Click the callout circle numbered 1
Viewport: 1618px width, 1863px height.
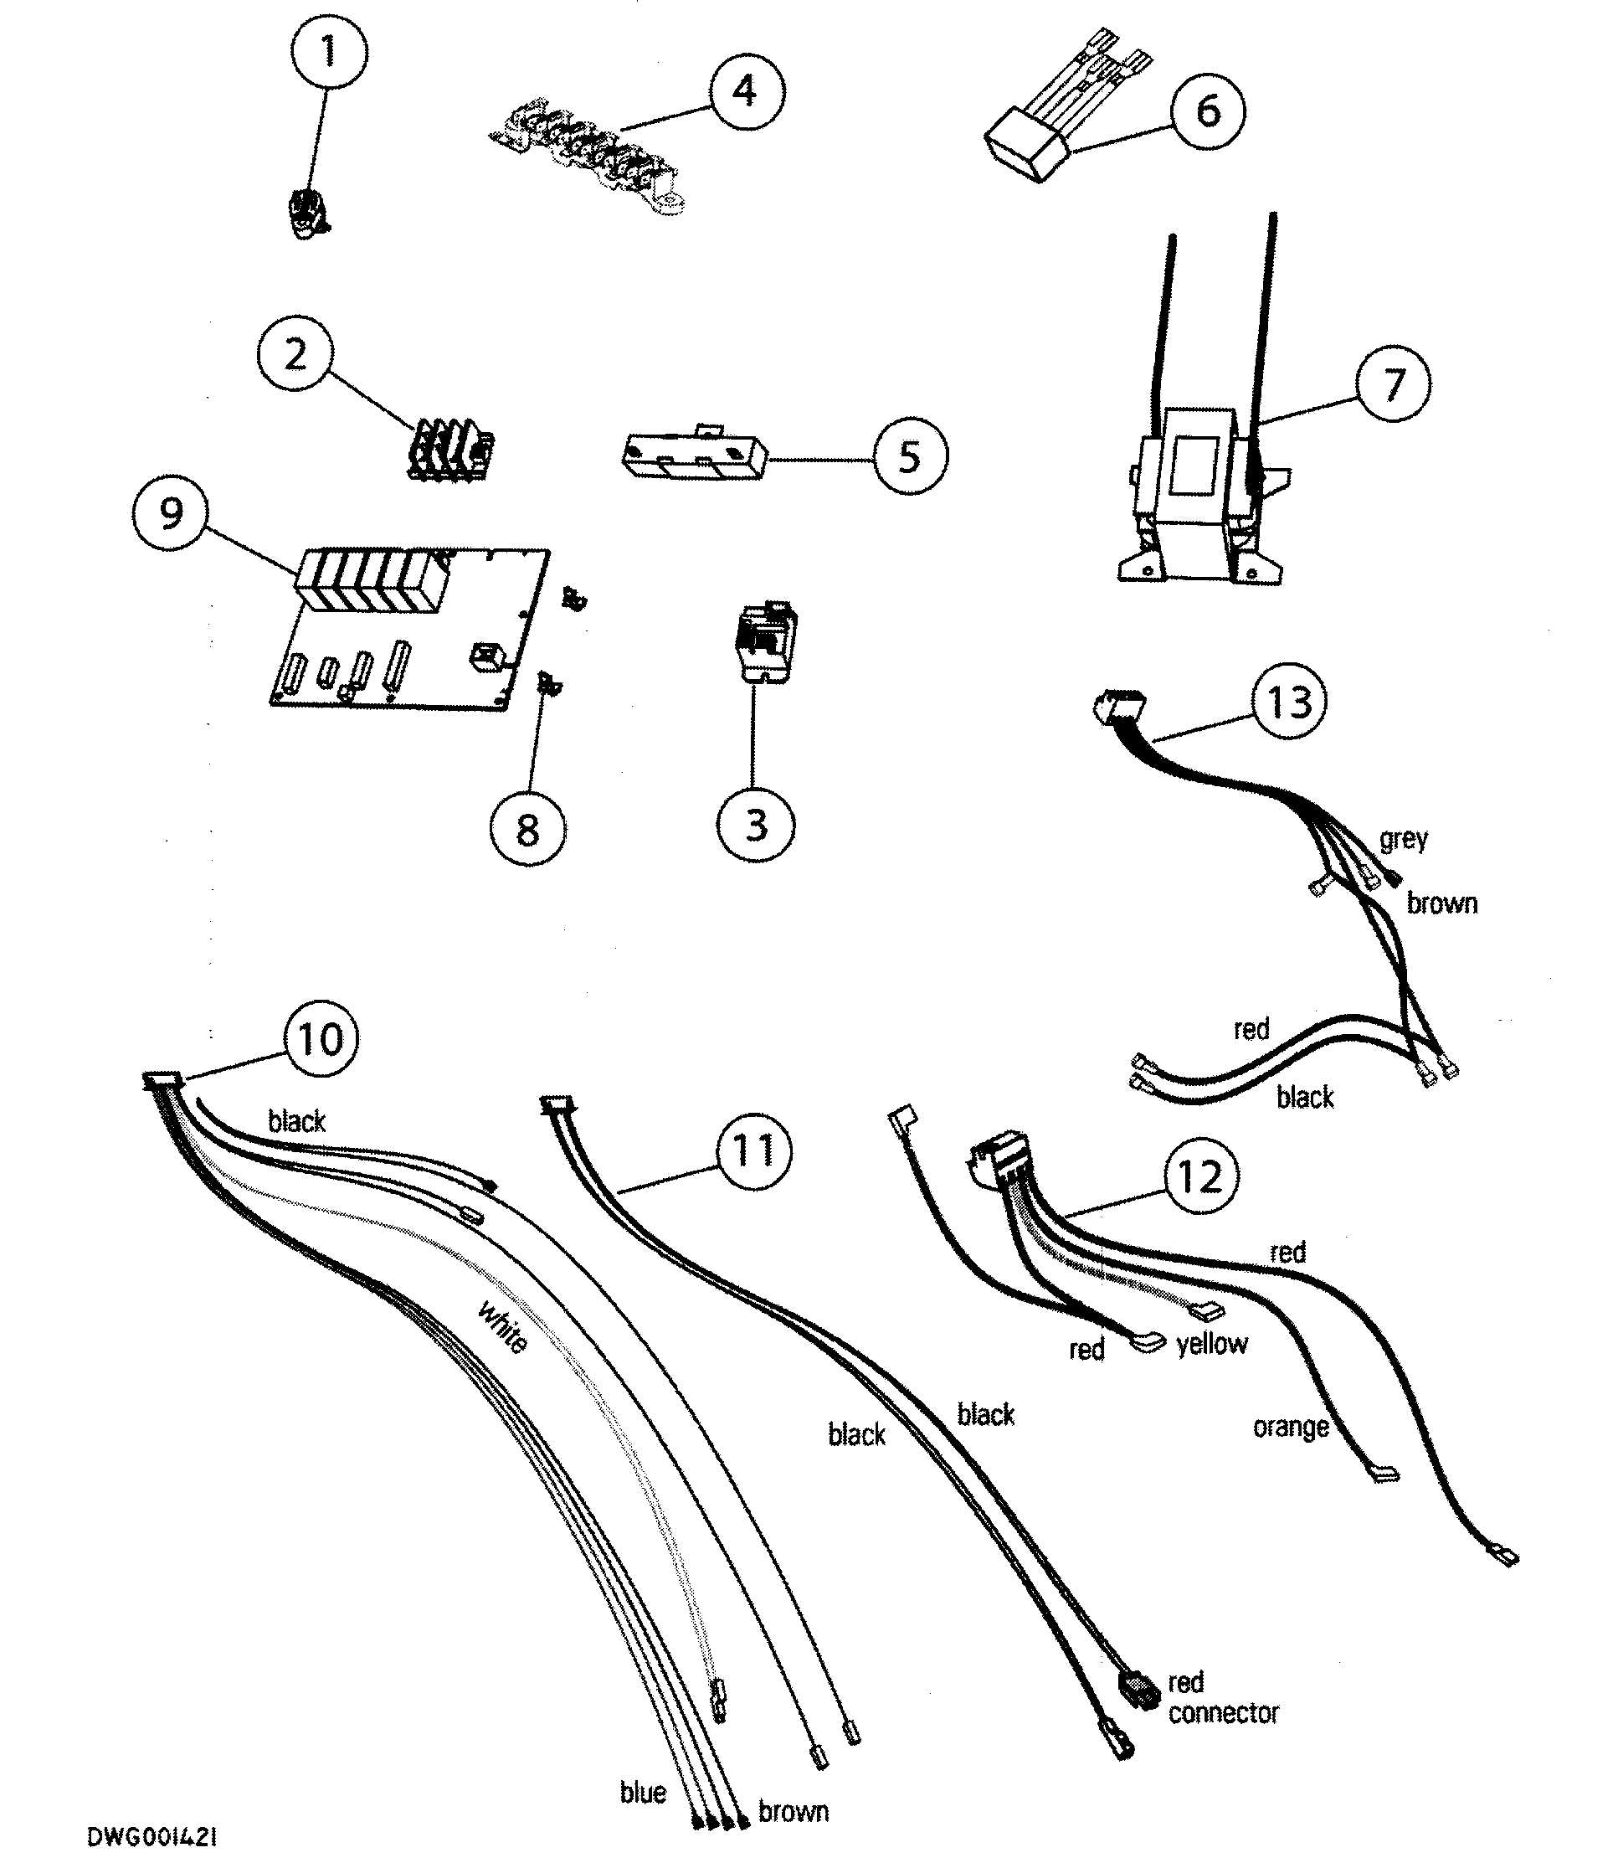click(330, 51)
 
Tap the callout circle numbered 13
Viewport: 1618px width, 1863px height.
click(1288, 702)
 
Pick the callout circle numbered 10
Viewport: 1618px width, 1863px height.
click(321, 1038)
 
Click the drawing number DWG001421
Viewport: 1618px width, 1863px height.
click(152, 1837)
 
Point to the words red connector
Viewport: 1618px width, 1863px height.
click(1223, 1698)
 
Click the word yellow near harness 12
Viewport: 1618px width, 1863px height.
click(1211, 1344)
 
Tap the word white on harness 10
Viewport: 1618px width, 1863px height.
click(502, 1326)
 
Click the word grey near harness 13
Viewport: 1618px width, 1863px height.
click(1403, 839)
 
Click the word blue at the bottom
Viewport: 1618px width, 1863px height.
click(643, 1792)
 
